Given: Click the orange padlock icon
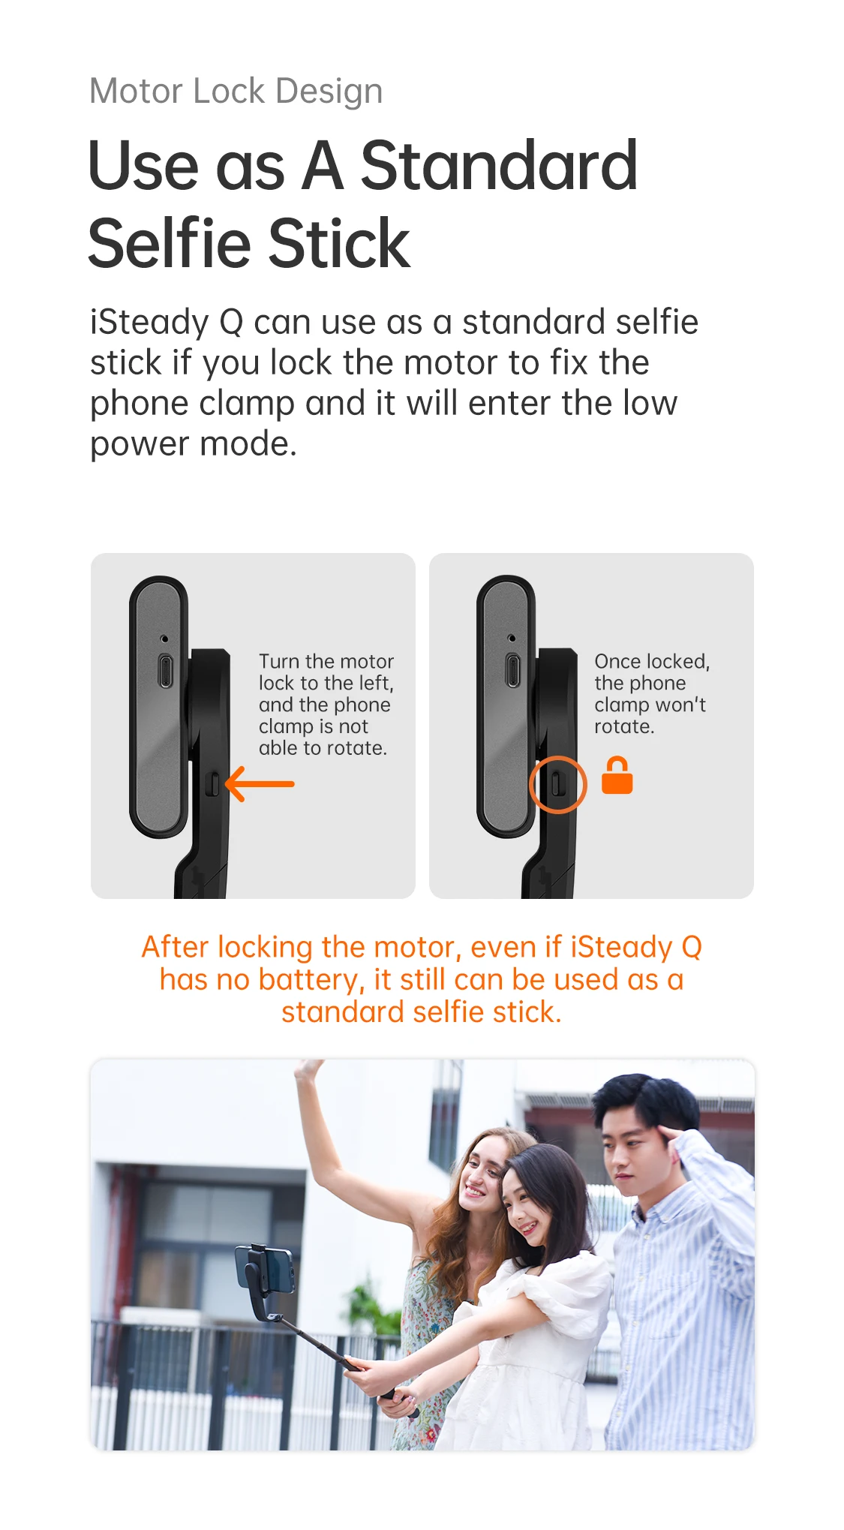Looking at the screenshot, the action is click(617, 775).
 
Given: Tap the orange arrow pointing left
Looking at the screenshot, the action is click(260, 783).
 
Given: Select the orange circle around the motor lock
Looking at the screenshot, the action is click(557, 784).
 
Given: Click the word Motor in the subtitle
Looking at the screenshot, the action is click(137, 92).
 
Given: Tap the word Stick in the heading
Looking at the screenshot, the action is click(339, 243).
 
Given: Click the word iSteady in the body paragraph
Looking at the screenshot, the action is click(149, 323).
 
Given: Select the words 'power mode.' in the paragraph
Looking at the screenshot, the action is click(194, 444).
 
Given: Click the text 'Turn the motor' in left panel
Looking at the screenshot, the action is click(326, 661).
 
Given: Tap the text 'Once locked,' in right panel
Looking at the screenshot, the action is click(652, 661).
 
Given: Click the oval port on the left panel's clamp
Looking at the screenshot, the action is click(165, 670).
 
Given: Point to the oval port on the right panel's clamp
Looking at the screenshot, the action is click(512, 670).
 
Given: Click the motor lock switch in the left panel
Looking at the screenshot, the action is click(212, 784).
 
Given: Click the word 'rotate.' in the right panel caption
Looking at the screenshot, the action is click(624, 726).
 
